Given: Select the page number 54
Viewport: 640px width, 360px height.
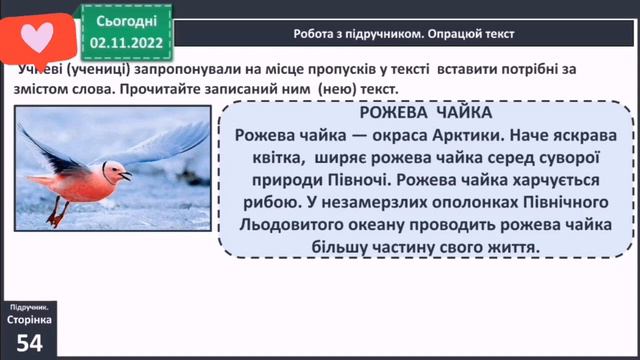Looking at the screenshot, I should (x=28, y=343).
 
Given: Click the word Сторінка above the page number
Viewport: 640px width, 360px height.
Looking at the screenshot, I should (x=29, y=319).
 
